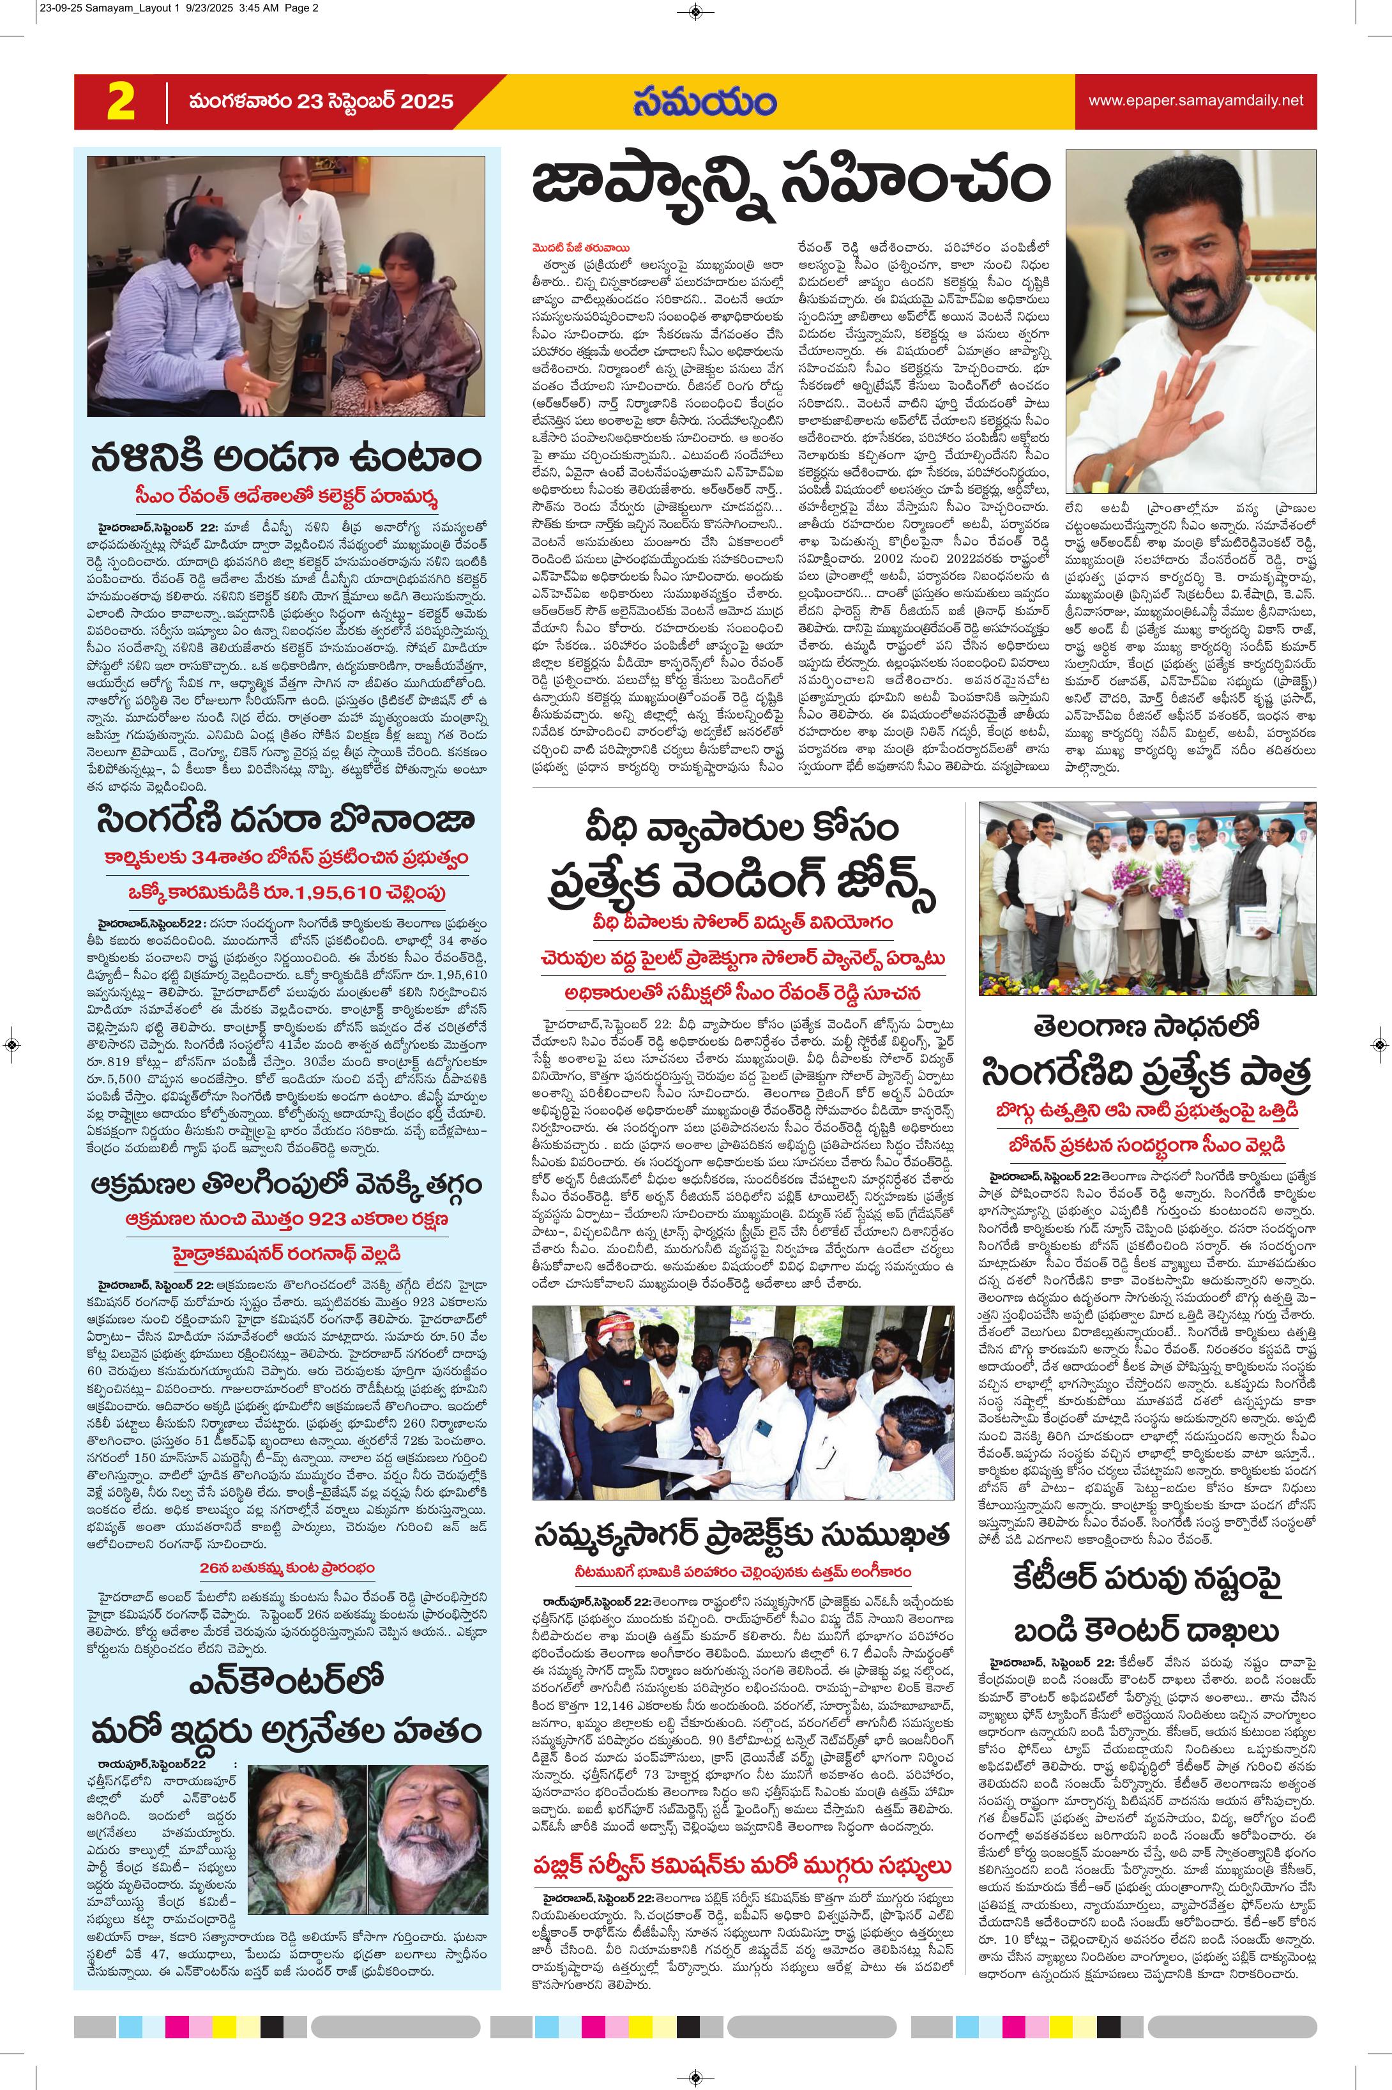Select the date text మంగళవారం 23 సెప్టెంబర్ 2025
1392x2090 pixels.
(x=321, y=101)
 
